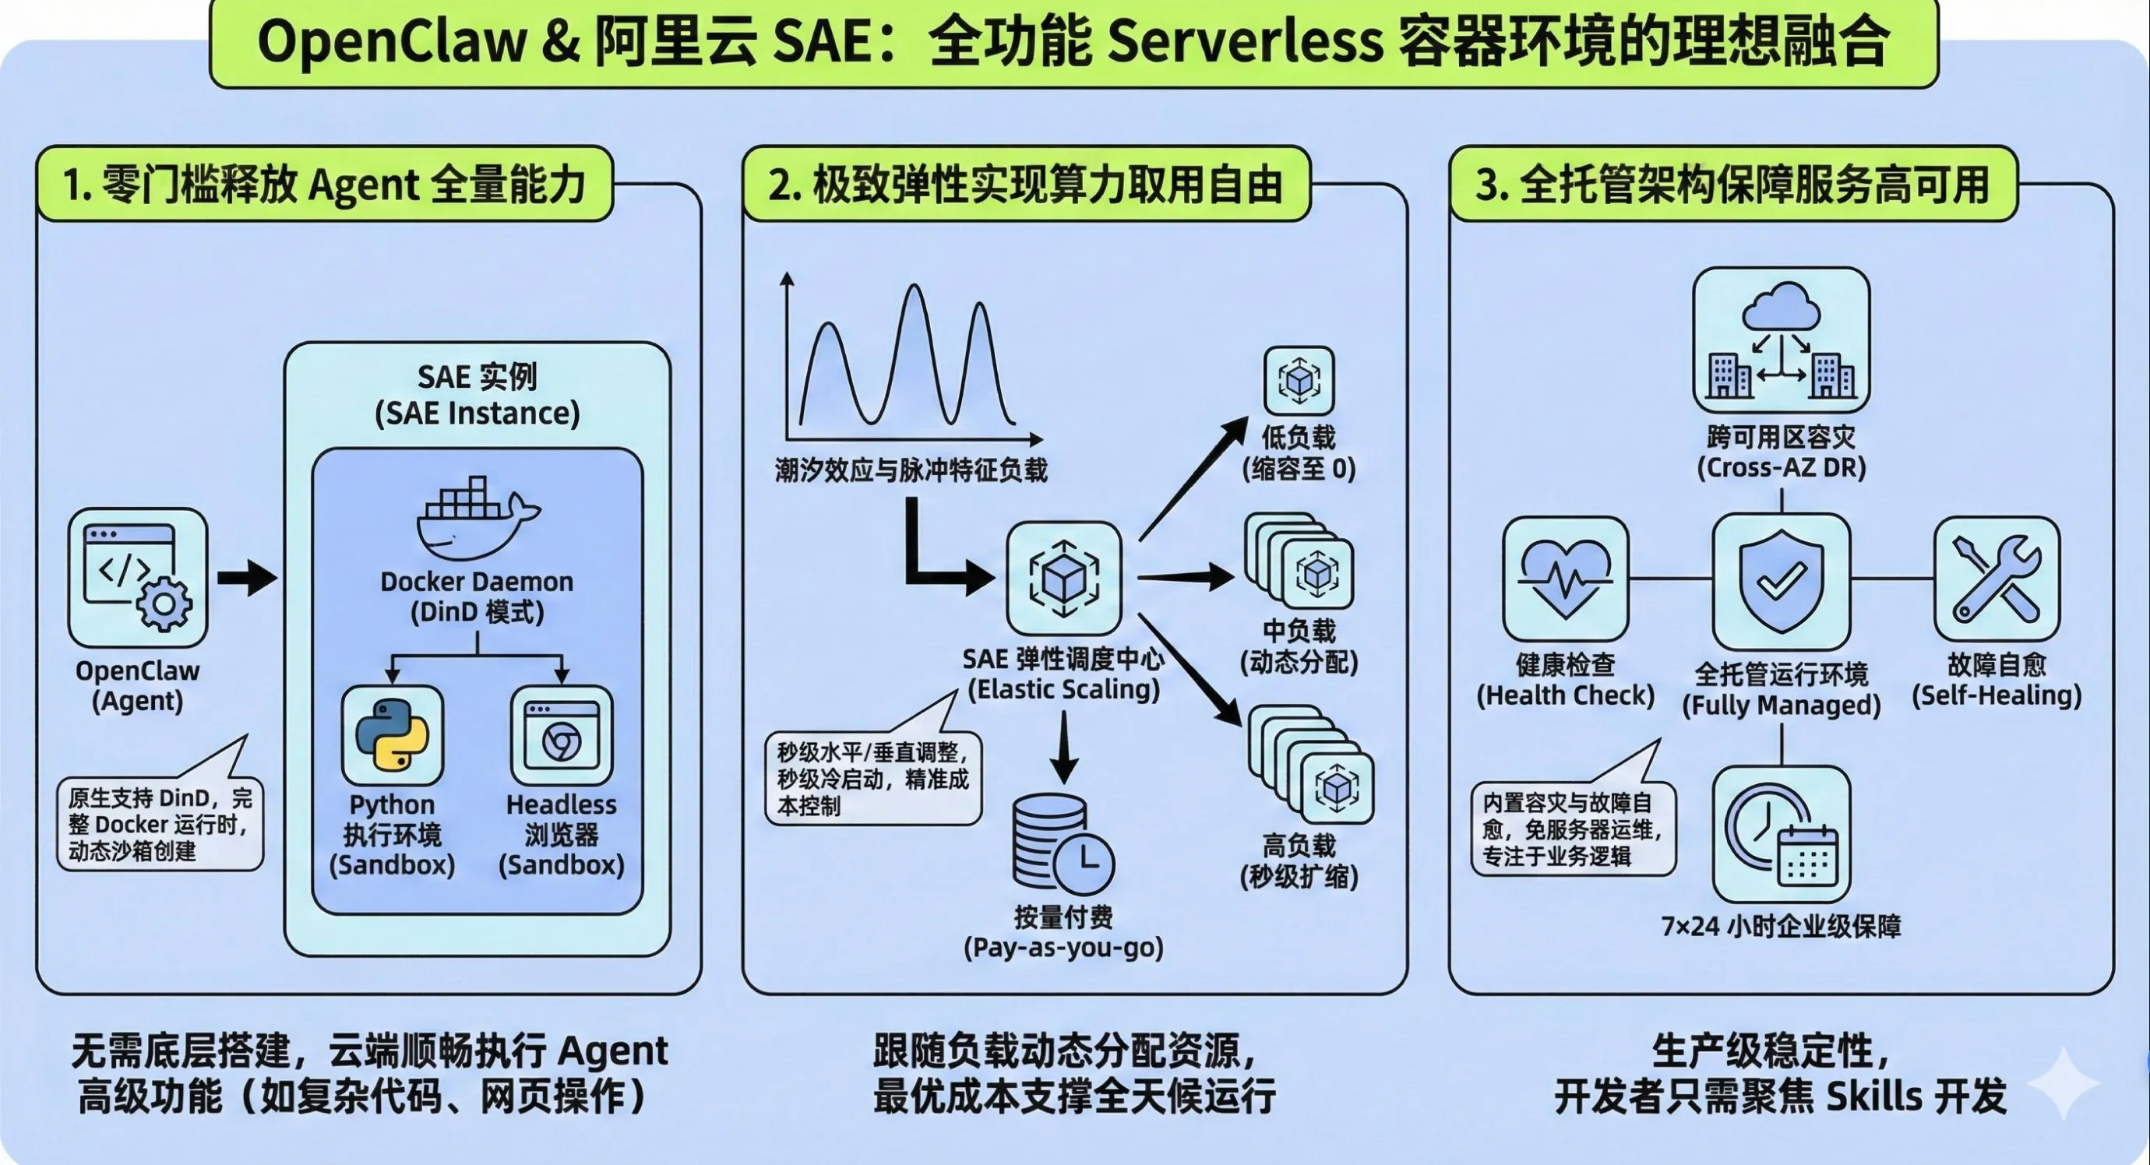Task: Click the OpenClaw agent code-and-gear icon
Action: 138,578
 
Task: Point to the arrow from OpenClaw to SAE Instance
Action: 247,578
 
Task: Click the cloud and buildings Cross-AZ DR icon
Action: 1781,340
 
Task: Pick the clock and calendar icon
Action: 1781,834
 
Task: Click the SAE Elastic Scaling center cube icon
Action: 1064,578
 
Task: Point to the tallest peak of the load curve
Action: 915,287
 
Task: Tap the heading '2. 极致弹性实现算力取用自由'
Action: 1026,185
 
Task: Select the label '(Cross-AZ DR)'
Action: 1781,467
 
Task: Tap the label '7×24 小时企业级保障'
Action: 1781,927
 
